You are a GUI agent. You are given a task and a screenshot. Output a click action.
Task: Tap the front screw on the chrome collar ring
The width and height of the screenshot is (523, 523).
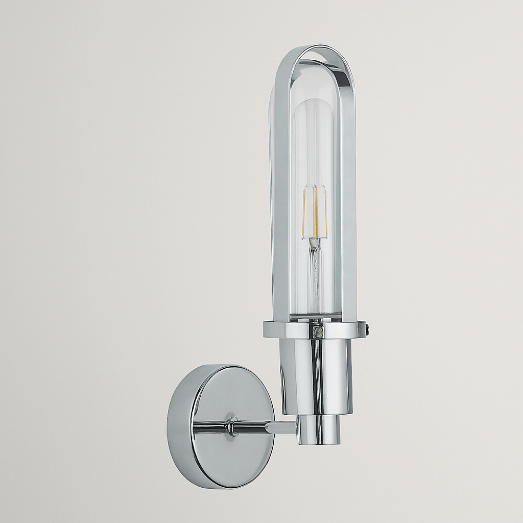click(318, 332)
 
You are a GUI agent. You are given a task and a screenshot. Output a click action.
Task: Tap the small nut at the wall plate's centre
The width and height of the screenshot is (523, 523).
click(233, 426)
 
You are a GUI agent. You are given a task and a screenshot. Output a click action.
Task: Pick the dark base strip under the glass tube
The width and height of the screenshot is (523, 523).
click(315, 318)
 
